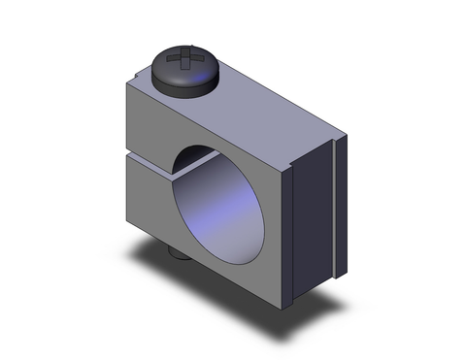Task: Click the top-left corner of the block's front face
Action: [x=125, y=84]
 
